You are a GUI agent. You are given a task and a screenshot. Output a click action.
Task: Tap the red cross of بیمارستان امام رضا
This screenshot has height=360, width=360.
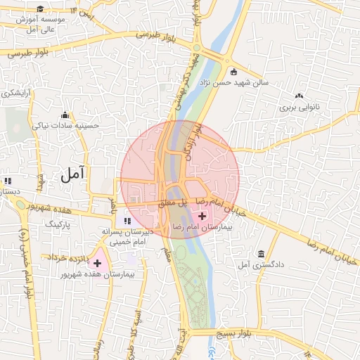coord(203,215)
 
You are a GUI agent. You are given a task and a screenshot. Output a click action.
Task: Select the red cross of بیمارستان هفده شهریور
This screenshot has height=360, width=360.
coord(97,263)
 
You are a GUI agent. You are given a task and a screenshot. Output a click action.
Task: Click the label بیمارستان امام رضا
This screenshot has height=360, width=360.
coord(201,228)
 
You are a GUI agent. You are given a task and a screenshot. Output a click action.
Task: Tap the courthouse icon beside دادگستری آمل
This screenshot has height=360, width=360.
coord(262,254)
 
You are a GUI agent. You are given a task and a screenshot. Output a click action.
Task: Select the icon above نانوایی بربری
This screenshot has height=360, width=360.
coord(300,96)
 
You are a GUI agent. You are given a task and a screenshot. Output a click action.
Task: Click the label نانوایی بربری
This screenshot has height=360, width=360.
coord(300,108)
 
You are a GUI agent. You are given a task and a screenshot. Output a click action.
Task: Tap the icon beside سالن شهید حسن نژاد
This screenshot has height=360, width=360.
coord(233,71)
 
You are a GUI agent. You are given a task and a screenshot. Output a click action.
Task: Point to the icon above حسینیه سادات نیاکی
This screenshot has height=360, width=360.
coord(65,115)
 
